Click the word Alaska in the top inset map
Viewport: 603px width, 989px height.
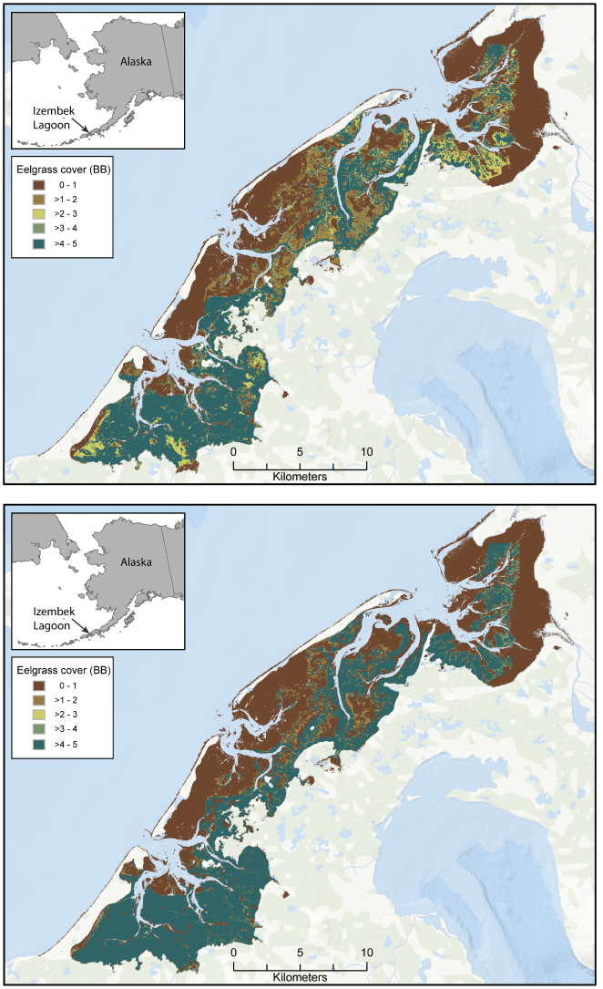click(x=136, y=61)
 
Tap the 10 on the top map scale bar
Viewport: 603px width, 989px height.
click(x=366, y=452)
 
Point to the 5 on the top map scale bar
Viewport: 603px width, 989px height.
click(x=300, y=452)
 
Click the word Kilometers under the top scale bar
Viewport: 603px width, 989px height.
click(x=301, y=476)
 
